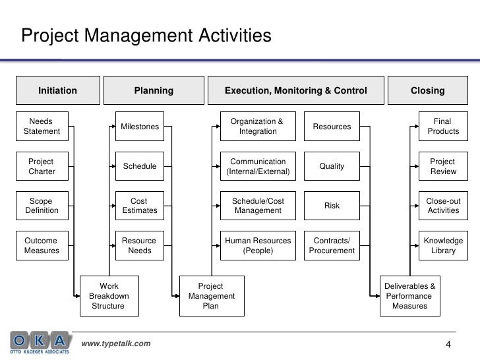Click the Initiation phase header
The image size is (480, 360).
(57, 90)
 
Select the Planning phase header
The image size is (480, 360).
(154, 90)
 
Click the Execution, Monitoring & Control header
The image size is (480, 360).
(295, 90)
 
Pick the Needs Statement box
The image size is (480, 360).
(42, 126)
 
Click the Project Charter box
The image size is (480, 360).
(42, 167)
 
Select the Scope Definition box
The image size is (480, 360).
(42, 206)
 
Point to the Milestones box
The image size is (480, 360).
(140, 127)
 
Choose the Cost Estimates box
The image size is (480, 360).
(140, 206)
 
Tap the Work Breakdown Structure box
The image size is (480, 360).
(109, 296)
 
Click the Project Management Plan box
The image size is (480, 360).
(211, 296)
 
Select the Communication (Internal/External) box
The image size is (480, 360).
(258, 167)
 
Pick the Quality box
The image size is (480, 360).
(332, 167)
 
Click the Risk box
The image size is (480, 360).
(332, 206)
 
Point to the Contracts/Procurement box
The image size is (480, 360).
(332, 246)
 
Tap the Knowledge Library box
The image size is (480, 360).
(443, 246)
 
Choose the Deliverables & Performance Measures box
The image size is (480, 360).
(409, 296)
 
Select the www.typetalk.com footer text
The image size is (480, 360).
(115, 344)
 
